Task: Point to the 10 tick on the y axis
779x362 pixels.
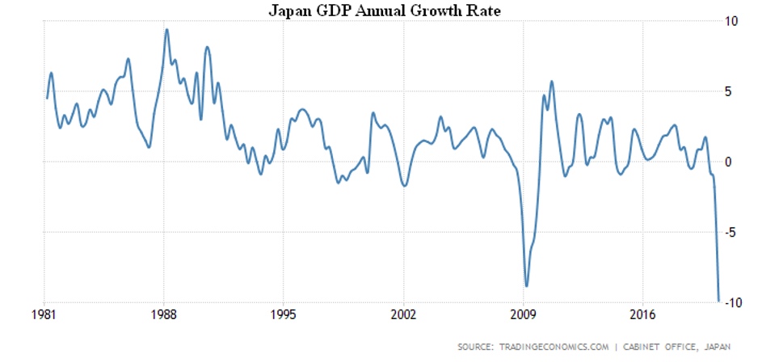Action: [731, 21]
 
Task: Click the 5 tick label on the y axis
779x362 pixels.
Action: [728, 91]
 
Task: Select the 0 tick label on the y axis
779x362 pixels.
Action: [728, 162]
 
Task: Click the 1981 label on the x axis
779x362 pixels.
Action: [45, 316]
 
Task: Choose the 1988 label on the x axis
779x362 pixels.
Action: [164, 316]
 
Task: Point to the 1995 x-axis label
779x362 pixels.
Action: [283, 316]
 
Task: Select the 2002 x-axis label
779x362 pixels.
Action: [402, 316]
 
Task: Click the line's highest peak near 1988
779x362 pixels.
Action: [166, 30]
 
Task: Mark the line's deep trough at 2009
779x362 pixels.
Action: [527, 285]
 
